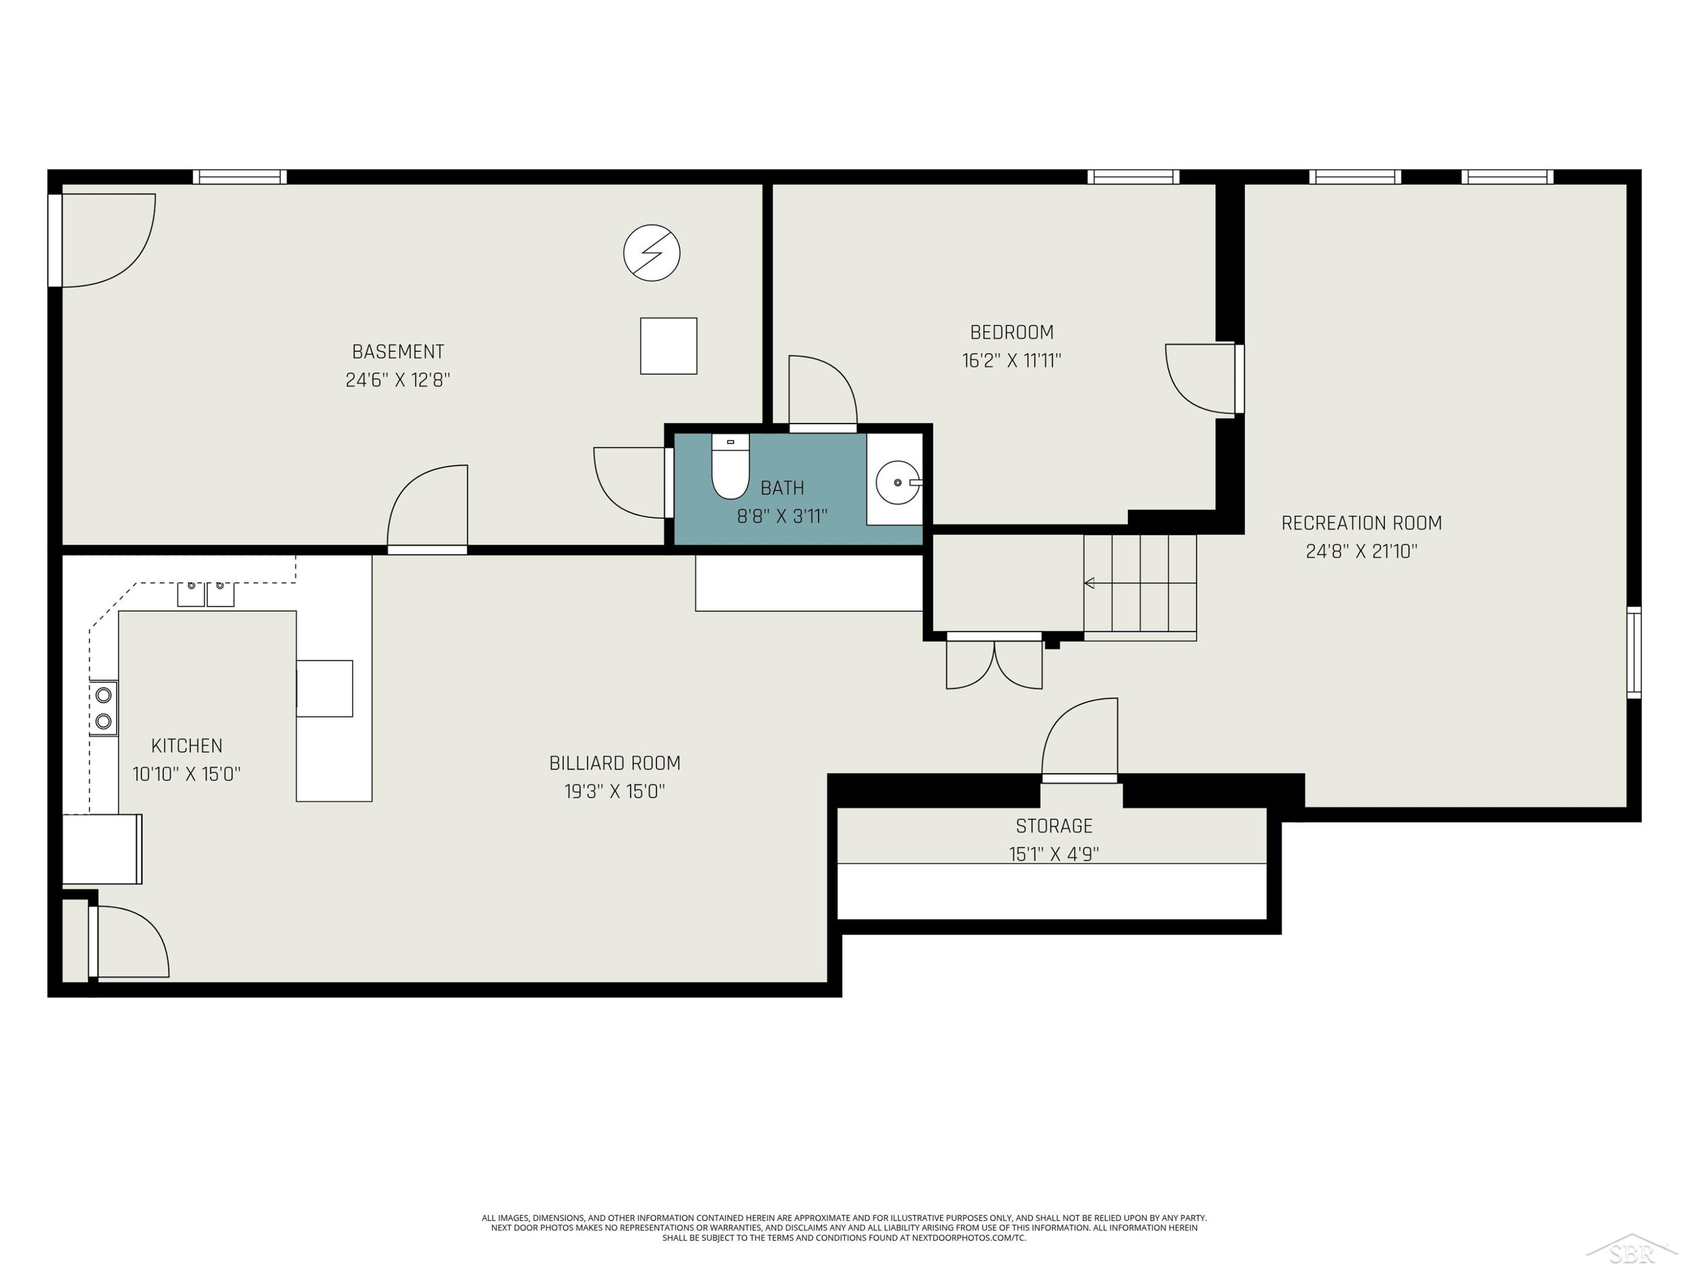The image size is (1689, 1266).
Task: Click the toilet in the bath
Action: coord(730,466)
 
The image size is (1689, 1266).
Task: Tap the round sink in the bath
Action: coord(898,482)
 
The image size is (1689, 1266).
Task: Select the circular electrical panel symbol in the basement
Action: coord(651,253)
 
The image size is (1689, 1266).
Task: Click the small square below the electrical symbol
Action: coord(668,345)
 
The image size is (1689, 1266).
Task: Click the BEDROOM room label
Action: coord(1012,332)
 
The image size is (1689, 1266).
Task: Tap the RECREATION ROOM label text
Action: coord(1361,523)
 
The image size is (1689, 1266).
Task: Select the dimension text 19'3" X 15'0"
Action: coord(615,791)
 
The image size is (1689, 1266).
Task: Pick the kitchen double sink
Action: coord(205,594)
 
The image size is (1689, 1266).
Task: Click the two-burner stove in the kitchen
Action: coord(103,707)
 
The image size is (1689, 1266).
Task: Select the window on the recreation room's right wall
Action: coord(1633,653)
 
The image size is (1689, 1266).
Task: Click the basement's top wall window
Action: coord(239,177)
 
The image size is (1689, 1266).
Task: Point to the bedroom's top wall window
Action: coord(1133,177)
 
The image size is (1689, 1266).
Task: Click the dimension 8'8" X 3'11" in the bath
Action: coord(782,517)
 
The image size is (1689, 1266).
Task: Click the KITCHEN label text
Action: coord(187,746)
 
